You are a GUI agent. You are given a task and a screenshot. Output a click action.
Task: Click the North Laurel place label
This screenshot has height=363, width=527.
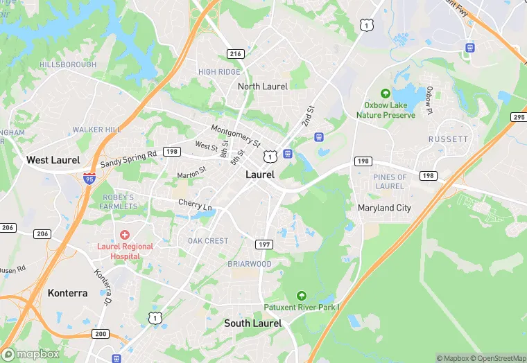coord(262,87)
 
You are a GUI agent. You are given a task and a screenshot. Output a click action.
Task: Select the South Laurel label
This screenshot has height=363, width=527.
coord(252,324)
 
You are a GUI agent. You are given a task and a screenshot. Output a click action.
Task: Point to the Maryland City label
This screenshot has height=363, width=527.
coord(384,208)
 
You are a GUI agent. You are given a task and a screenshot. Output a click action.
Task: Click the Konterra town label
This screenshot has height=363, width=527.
coord(67,293)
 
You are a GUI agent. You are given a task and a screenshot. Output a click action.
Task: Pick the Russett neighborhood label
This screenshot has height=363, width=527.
coord(448,139)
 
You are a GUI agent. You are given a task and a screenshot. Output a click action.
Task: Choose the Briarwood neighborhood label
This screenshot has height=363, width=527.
coord(250,264)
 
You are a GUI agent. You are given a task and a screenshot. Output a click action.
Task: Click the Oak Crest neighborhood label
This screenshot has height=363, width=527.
coord(208,241)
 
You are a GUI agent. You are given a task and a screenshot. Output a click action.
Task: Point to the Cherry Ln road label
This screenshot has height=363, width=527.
coord(195,206)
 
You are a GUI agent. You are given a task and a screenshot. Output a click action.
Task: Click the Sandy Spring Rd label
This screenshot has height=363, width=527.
coord(128,159)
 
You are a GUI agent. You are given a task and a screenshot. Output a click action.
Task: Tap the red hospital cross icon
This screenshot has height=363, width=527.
coord(125,236)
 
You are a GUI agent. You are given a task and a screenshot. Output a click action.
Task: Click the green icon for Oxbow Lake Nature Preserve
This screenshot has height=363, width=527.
coord(386,94)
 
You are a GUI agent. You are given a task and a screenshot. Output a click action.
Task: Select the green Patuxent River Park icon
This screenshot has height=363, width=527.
coord(301,296)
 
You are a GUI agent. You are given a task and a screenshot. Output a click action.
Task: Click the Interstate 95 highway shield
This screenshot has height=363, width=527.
coord(89,178)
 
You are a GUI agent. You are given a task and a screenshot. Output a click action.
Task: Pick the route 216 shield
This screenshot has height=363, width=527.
coord(235,53)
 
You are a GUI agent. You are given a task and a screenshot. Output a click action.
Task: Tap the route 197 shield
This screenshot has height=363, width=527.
coord(263,245)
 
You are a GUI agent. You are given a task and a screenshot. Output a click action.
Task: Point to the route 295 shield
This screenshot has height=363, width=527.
coord(518,117)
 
